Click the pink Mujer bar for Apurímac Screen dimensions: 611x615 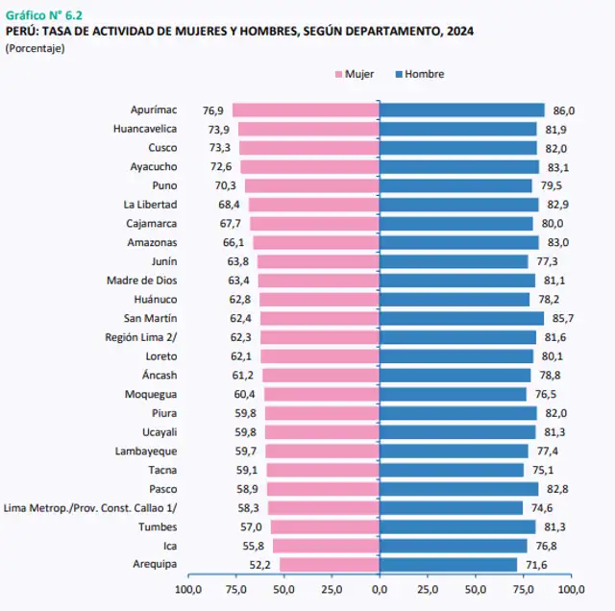(306, 110)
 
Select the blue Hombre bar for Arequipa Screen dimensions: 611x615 (448, 565)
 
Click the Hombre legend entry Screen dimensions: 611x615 (424, 74)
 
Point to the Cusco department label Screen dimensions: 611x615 (162, 148)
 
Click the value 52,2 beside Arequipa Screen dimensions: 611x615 (260, 565)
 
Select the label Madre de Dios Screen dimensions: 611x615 (141, 281)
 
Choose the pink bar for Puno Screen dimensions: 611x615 (312, 185)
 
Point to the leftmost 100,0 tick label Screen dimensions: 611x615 (187, 589)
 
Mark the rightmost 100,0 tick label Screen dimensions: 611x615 (571, 589)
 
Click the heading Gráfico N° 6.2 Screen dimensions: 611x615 (44, 14)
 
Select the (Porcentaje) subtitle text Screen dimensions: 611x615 (36, 48)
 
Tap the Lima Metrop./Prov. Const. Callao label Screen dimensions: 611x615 (91, 508)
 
